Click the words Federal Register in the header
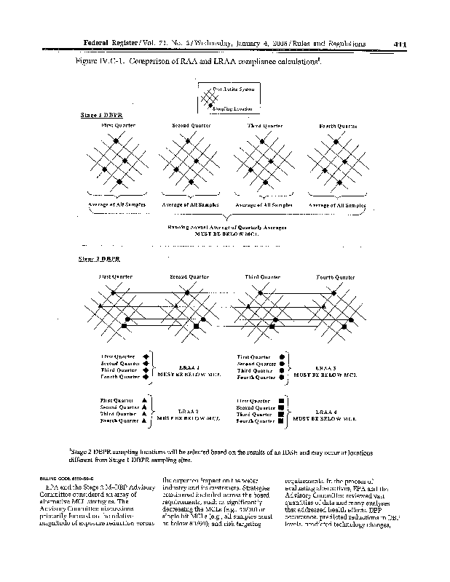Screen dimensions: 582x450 [x=111, y=43]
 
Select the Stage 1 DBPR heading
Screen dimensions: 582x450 [x=97, y=115]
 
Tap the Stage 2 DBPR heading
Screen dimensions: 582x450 [x=97, y=259]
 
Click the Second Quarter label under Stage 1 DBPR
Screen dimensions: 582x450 [x=191, y=126]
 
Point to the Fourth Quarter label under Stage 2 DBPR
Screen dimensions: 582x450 [x=336, y=277]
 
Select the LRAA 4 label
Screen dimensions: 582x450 [x=325, y=412]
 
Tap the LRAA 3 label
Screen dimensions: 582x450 [x=325, y=367]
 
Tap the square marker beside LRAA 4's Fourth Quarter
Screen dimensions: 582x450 [x=282, y=421]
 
